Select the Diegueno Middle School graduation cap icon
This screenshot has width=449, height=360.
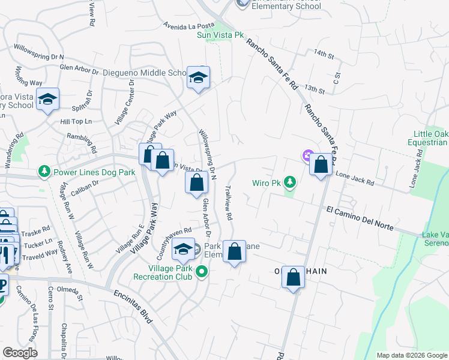pyautogui.click(x=198, y=78)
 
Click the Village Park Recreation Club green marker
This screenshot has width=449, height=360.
pyautogui.click(x=202, y=272)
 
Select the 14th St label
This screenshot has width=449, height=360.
pyautogui.click(x=323, y=55)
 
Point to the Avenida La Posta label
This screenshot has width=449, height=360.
pyautogui.click(x=189, y=26)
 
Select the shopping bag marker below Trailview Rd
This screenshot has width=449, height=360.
pyautogui.click(x=235, y=252)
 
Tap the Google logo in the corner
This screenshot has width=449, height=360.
pyautogui.click(x=20, y=353)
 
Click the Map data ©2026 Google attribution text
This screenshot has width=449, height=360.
pyautogui.click(x=412, y=355)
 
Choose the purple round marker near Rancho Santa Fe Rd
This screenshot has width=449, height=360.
pyautogui.click(x=309, y=156)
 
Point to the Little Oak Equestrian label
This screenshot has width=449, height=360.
pyautogui.click(x=430, y=138)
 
